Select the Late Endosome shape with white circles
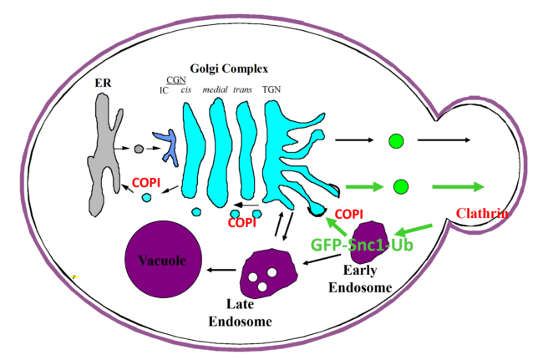[x=266, y=274]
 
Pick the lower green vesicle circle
[x=400, y=185]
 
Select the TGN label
[x=273, y=90]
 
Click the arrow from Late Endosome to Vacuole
[x=221, y=269]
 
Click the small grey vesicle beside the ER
[x=139, y=150]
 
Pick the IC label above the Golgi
[x=164, y=90]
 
